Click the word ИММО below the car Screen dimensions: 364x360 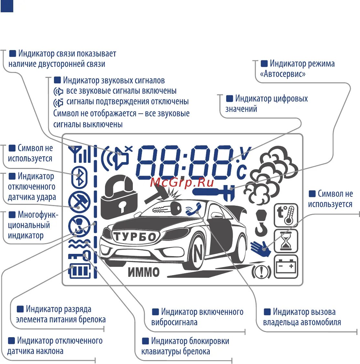[144, 272]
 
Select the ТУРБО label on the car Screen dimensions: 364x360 [135, 237]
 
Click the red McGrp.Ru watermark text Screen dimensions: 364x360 [182, 182]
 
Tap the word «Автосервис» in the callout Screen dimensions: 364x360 [283, 74]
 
